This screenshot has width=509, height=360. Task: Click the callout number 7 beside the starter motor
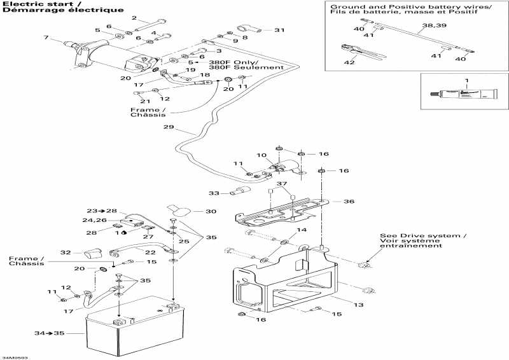tap(46, 38)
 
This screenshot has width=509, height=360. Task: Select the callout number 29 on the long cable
tap(168, 128)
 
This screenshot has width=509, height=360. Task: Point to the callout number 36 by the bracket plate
tap(349, 202)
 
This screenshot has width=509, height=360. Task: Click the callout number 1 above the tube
tap(465, 80)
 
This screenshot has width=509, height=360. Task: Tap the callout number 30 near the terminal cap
tap(211, 211)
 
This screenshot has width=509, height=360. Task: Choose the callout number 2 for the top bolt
tap(134, 18)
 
